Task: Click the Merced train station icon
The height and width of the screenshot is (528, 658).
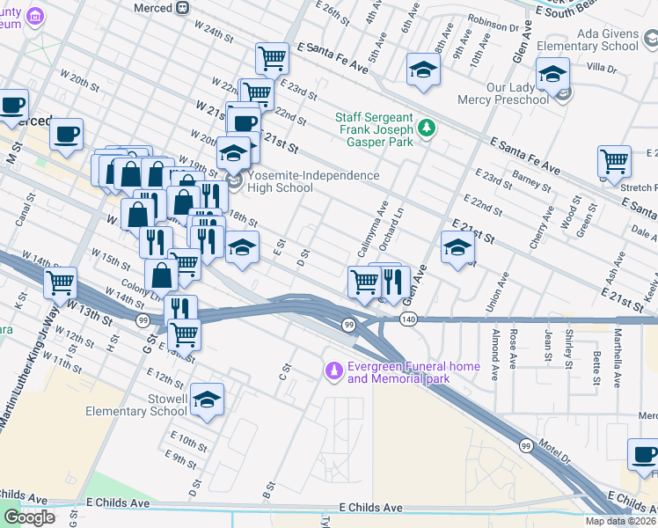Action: [x=182, y=7]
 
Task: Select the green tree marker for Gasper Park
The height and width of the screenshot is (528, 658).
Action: [x=427, y=128]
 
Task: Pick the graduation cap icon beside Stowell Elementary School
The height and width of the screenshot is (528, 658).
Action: [x=207, y=400]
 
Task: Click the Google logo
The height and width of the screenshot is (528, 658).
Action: [x=29, y=517]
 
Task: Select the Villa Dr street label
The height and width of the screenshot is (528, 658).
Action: [x=602, y=67]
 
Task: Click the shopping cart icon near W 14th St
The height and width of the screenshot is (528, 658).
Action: [x=60, y=283]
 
